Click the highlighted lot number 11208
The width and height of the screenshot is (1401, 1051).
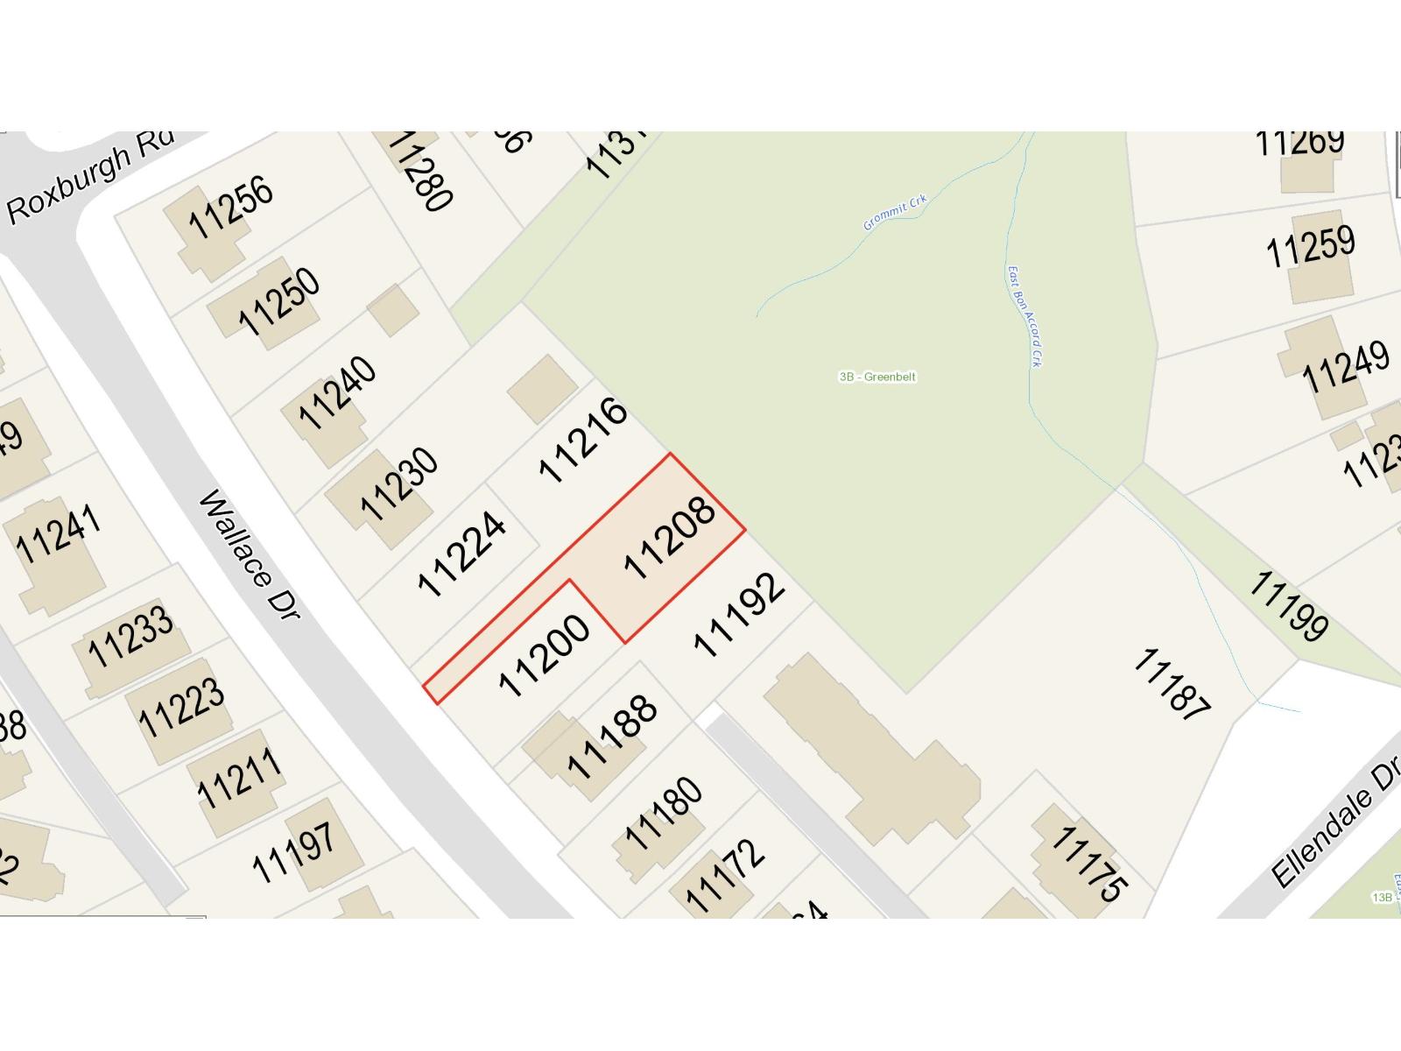pos(670,539)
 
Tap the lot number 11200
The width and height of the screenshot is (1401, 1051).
pos(544,656)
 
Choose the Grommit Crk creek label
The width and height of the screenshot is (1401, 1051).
pos(894,213)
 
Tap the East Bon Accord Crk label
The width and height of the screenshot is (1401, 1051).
pos(1024,316)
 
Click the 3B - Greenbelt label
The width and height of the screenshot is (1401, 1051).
pos(877,377)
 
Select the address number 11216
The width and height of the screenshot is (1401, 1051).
pos(583,441)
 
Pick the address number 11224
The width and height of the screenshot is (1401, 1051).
pos(461,554)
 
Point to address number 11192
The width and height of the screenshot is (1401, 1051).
pos(739,615)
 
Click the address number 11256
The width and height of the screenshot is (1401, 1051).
pos(230,208)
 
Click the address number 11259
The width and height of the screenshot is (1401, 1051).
pos(1310,246)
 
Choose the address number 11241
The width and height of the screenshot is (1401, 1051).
pos(59,533)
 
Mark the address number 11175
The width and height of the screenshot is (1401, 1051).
pos(1088,864)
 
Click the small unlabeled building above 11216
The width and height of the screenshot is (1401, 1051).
pos(543,389)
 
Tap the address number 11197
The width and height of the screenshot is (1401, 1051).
pos(293,852)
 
